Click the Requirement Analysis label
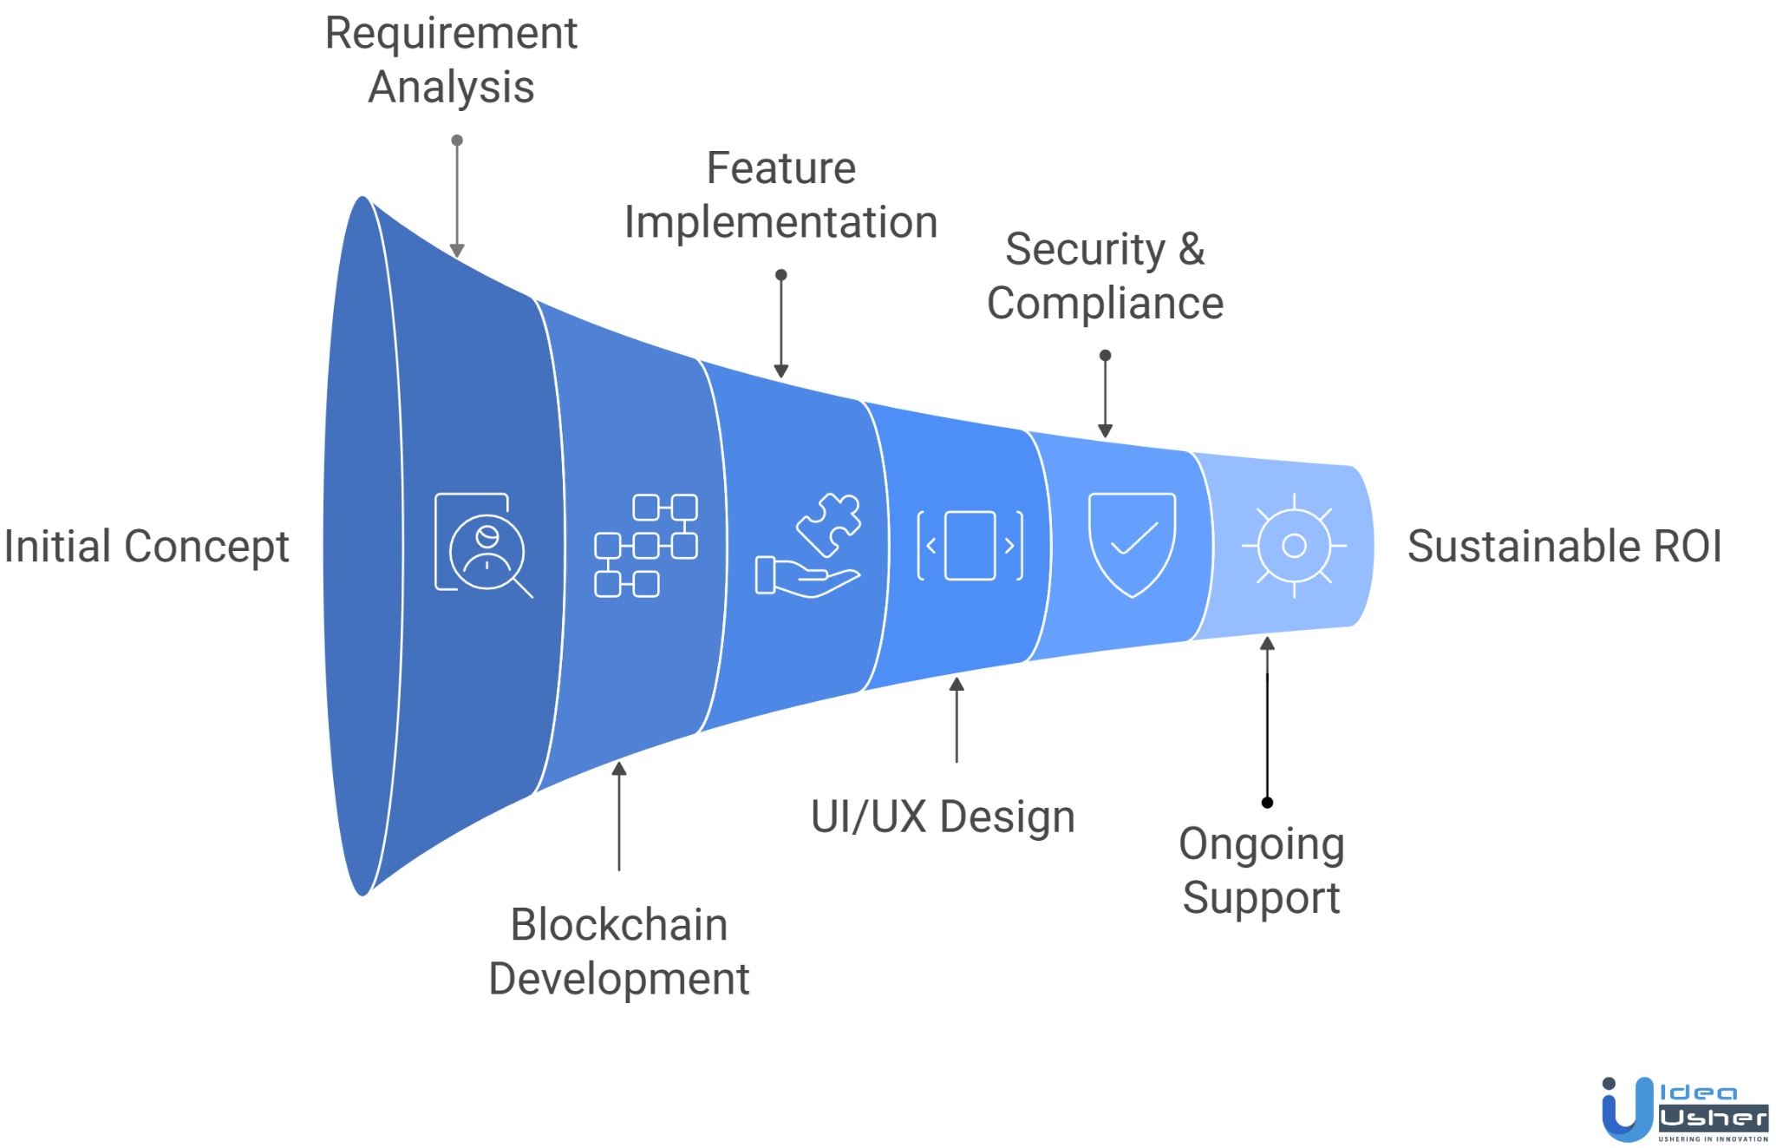(451, 60)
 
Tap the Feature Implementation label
(780, 195)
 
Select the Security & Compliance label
(1105, 276)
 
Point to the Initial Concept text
(146, 547)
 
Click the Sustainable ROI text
(1564, 547)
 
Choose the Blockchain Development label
(618, 951)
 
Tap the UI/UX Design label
(943, 817)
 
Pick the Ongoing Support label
(1261, 870)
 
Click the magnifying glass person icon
(482, 545)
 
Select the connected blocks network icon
(646, 545)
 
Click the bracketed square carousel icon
(970, 545)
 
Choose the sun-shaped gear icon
(1294, 545)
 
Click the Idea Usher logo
(1683, 1109)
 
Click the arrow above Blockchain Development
(618, 816)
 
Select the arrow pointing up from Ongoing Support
(1267, 720)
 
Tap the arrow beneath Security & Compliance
(1105, 396)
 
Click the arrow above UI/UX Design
(957, 720)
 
